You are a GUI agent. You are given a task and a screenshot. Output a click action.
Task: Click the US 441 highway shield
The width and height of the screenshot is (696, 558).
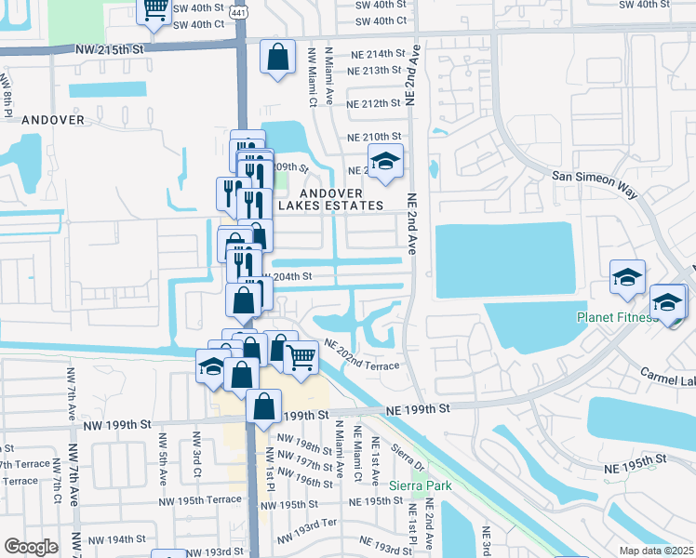click(239, 8)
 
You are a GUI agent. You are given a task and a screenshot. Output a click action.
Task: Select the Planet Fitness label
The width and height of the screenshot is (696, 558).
click(617, 317)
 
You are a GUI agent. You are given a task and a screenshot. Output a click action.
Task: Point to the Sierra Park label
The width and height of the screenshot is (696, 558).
click(418, 485)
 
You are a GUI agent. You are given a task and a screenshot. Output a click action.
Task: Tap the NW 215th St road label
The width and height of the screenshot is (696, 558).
click(112, 47)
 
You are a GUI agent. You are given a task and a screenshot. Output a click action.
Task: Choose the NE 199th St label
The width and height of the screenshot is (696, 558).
click(418, 408)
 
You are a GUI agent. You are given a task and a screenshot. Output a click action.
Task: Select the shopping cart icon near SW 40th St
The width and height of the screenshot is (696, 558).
click(155, 10)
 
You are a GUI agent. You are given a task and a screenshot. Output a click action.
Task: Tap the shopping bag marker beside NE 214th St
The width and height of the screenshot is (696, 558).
click(277, 58)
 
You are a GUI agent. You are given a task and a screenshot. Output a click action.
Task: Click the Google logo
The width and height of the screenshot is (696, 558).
click(32, 546)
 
